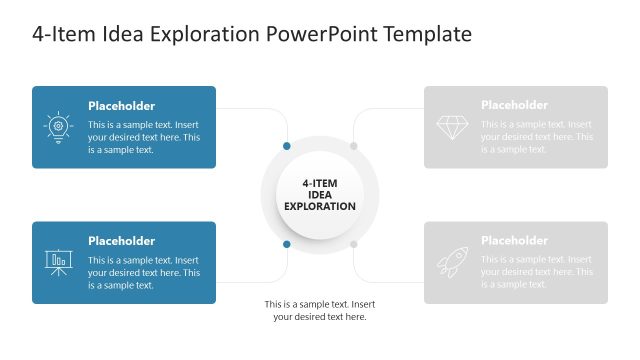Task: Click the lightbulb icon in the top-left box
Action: coord(58,127)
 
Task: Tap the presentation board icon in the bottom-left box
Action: coord(58,262)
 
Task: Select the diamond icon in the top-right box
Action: coord(452,127)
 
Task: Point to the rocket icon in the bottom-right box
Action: coord(452,262)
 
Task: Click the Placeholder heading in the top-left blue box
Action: coord(121,106)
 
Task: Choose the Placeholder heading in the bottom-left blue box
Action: coord(121,241)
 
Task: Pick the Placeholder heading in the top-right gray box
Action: coord(514,105)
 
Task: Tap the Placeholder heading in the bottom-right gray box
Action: coord(514,240)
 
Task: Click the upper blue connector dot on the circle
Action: coord(287,146)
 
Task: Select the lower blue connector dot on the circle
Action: coord(287,244)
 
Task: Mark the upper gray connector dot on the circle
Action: coord(353,146)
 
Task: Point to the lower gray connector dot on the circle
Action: coord(353,244)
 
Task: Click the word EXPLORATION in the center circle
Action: coord(320,207)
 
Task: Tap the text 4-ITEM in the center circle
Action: coord(320,183)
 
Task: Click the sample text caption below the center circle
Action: coord(320,310)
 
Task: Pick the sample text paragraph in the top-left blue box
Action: coord(144,137)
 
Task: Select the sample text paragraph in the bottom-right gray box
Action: coord(537,272)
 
